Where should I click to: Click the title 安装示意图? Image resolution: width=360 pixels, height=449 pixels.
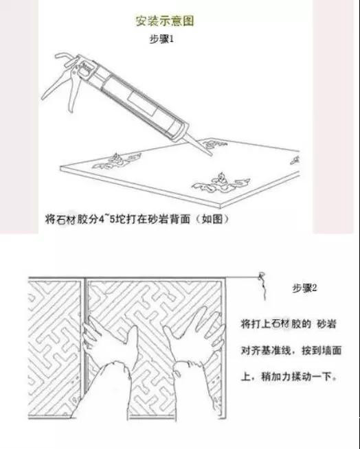click(x=165, y=21)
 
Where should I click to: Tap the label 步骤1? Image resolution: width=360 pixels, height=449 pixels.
click(x=161, y=39)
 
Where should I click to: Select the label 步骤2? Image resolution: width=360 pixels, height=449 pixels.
click(x=304, y=288)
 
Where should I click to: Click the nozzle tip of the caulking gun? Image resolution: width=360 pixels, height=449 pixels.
click(x=211, y=155)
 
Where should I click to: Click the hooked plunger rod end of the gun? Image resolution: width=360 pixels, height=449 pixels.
click(x=63, y=56)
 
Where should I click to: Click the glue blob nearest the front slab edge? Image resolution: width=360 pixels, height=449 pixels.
click(x=221, y=184)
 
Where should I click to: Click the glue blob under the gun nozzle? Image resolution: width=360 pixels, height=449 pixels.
click(x=214, y=144)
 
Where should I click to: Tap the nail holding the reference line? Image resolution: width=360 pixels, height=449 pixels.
click(x=261, y=276)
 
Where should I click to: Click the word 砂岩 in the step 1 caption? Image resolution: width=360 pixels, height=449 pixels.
click(x=159, y=219)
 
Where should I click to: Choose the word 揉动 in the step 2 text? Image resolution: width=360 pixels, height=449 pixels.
click(x=302, y=376)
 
